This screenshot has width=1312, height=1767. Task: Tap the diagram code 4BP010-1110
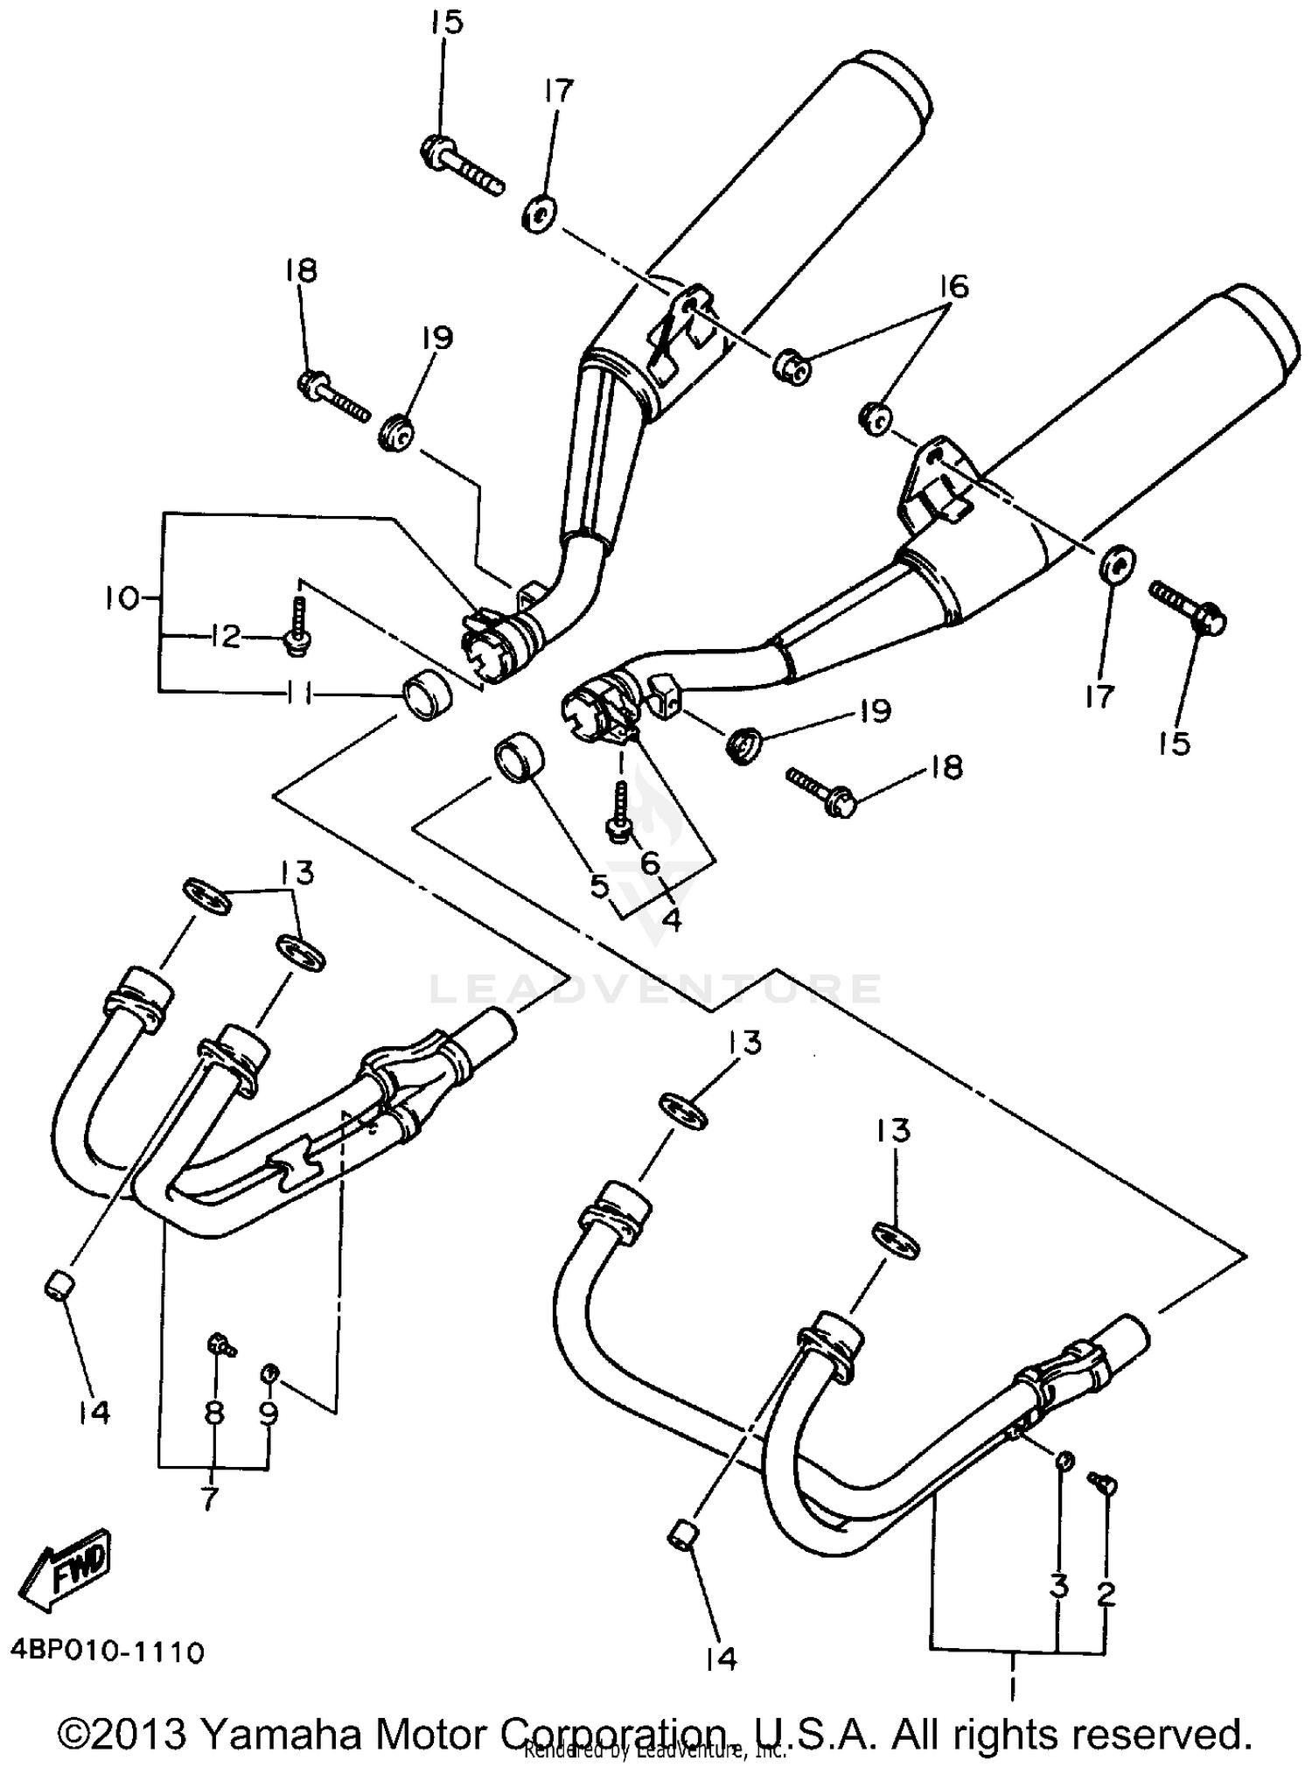coord(108,1652)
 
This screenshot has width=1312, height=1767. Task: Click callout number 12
coord(225,636)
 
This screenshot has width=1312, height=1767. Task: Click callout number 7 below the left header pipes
coord(210,1499)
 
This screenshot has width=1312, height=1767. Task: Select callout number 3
coord(1059,1587)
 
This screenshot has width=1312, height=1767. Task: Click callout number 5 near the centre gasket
coord(599,886)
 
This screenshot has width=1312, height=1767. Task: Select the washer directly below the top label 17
coord(541,215)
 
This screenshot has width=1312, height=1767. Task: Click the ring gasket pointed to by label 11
coord(425,695)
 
